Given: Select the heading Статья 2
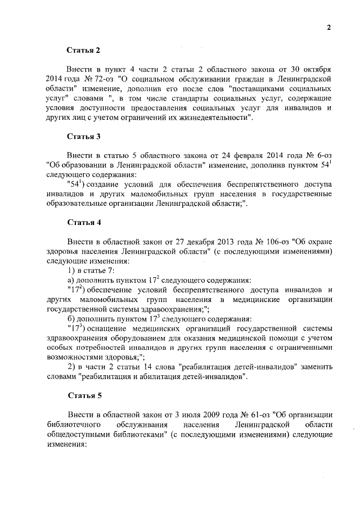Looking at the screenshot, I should tap(84, 50).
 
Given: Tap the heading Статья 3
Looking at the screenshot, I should tap(84, 136).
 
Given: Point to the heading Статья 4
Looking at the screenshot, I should tap(84, 222).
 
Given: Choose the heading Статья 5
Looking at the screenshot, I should tap(84, 395).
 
